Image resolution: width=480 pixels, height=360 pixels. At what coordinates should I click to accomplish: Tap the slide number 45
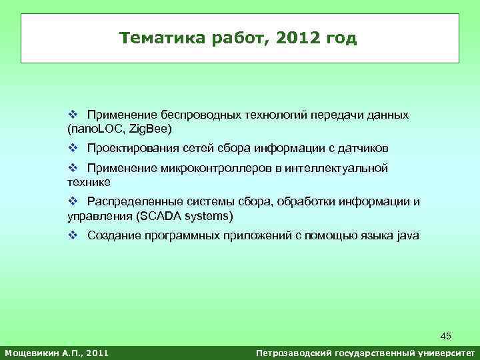click(445, 336)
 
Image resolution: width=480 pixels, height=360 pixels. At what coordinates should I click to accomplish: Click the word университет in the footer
click(443, 352)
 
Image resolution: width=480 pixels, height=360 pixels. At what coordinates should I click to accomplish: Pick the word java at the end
click(407, 235)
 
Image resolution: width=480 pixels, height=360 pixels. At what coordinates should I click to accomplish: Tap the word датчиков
click(363, 147)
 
